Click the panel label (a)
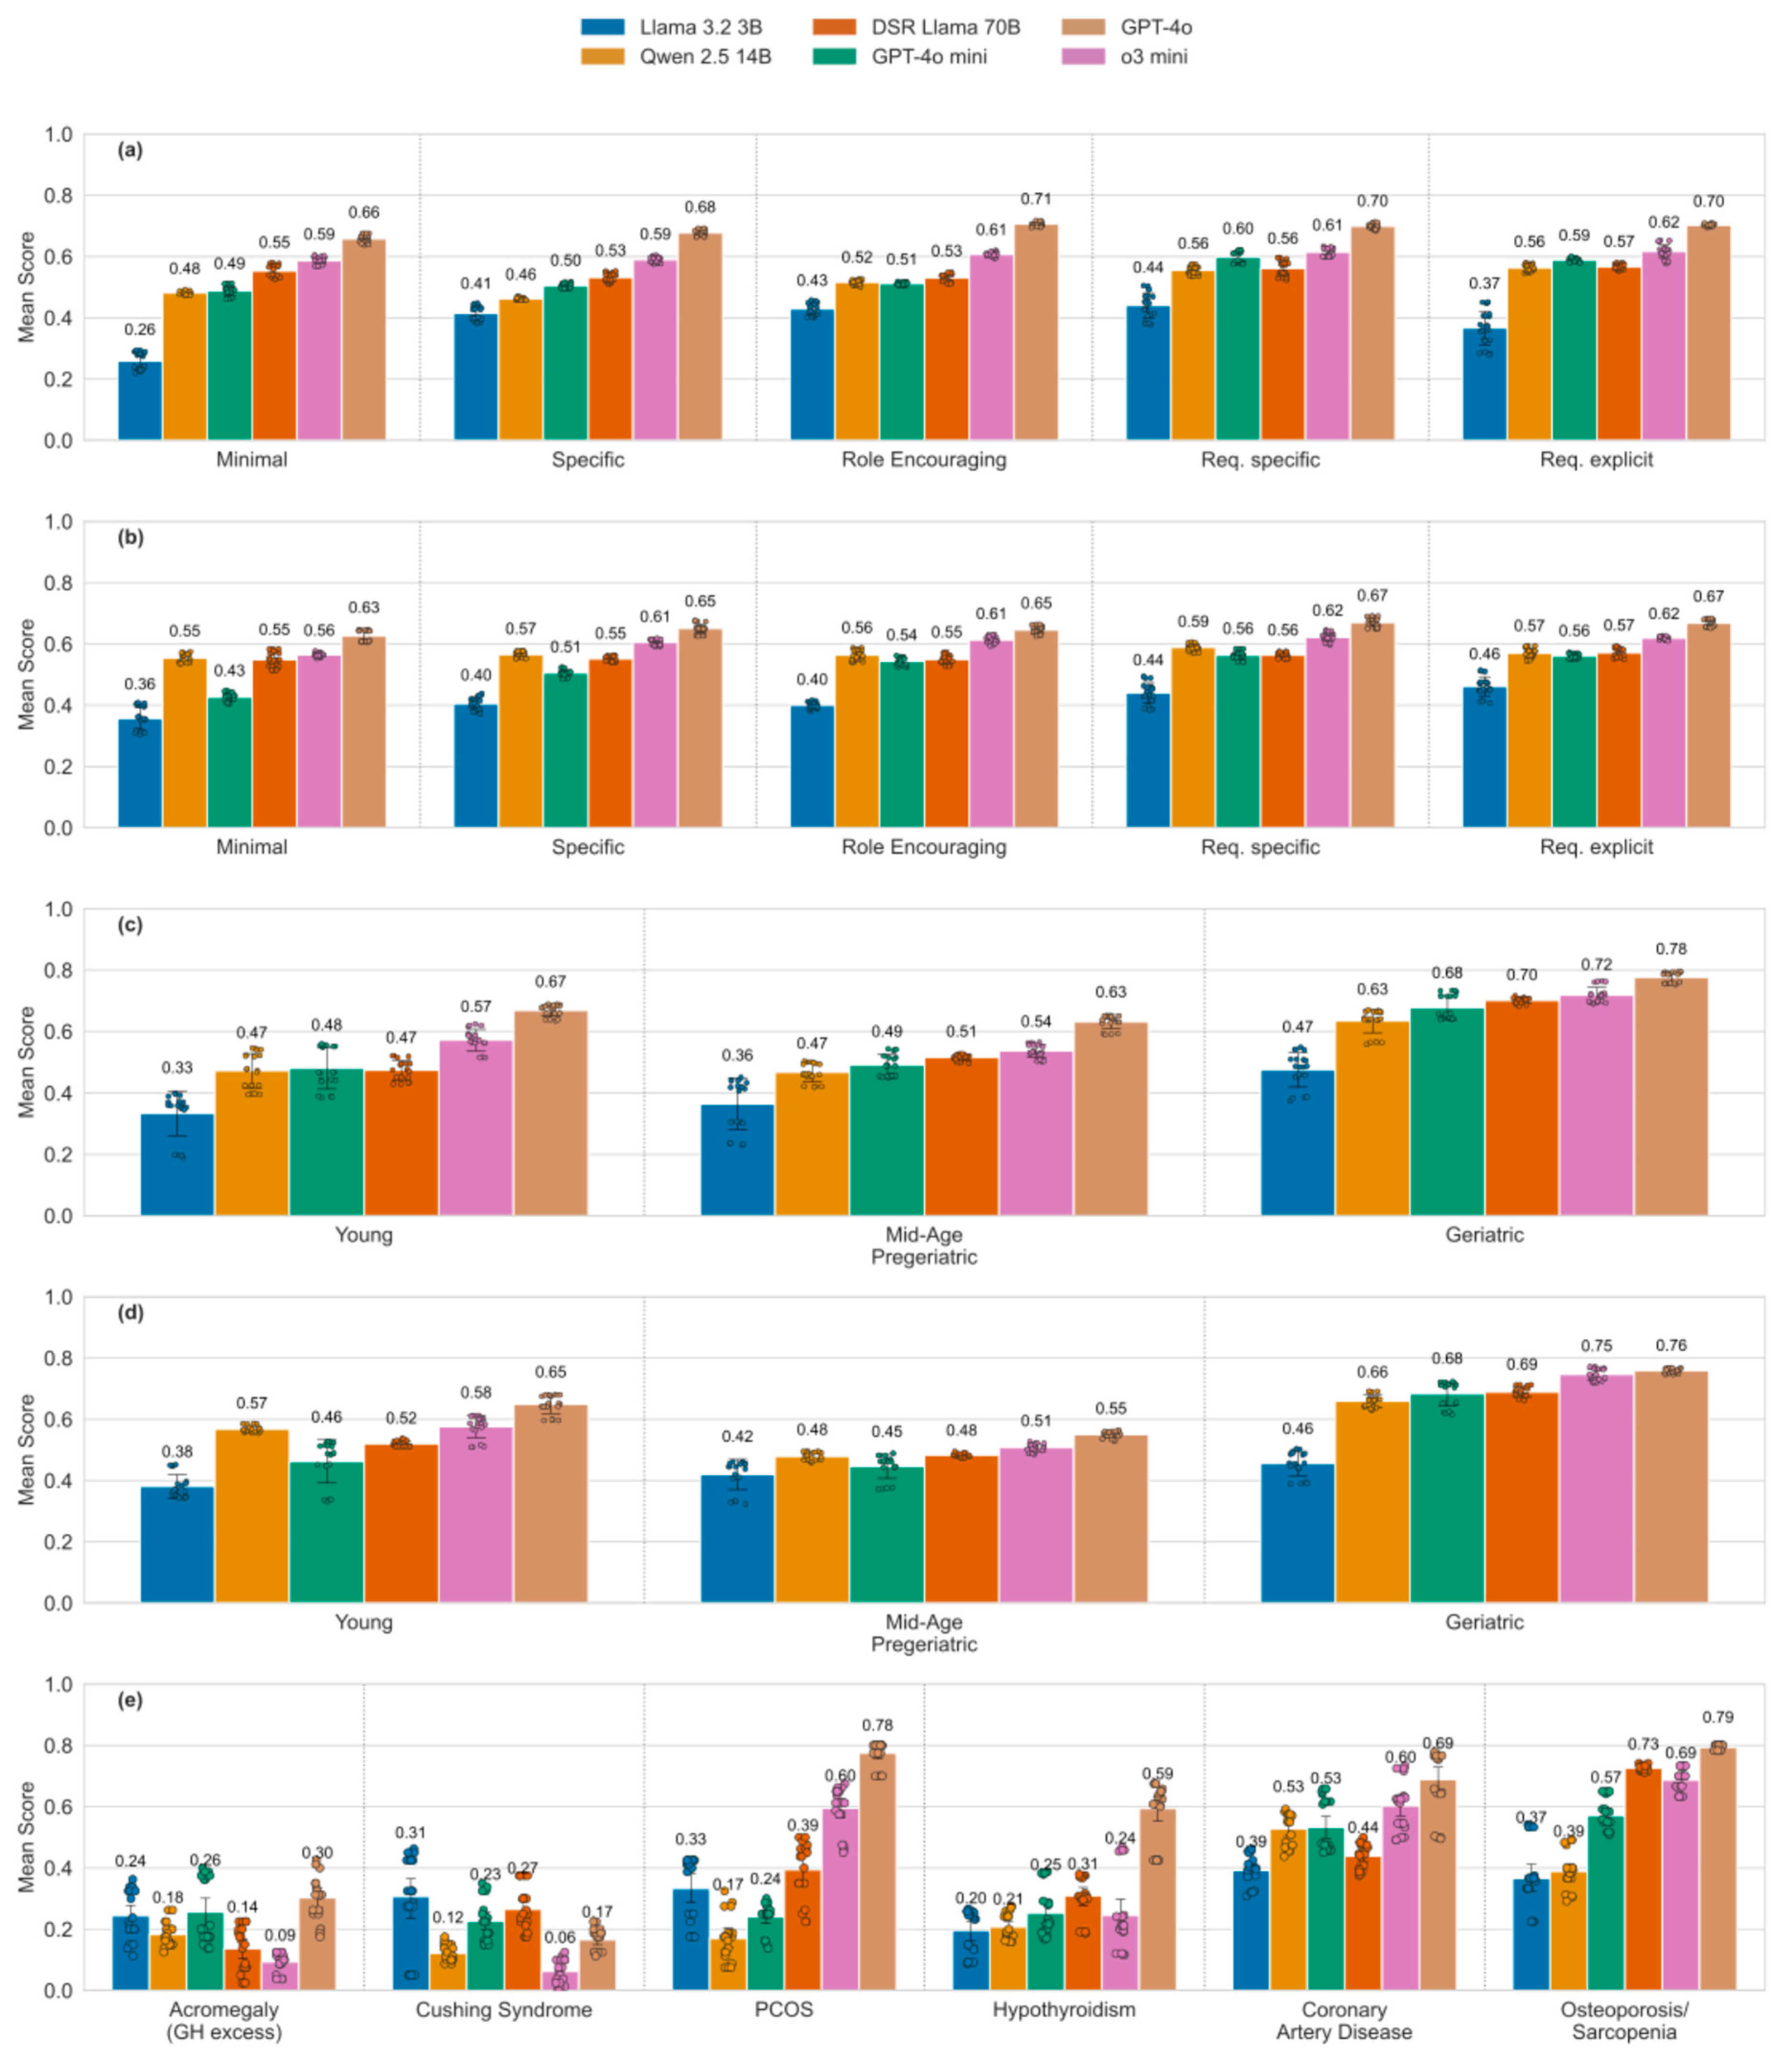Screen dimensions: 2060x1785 (x=129, y=150)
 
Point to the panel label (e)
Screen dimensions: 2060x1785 (x=129, y=1699)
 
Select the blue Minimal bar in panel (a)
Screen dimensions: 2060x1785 (x=139, y=401)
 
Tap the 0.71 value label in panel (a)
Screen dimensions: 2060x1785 (x=1036, y=199)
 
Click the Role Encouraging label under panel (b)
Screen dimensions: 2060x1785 (x=923, y=847)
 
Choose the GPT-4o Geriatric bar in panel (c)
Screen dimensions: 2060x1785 (x=1671, y=1096)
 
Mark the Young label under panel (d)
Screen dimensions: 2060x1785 (x=364, y=1622)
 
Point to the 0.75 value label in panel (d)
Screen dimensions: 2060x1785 (x=1596, y=1346)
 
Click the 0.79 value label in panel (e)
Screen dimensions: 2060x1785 (x=1717, y=1717)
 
